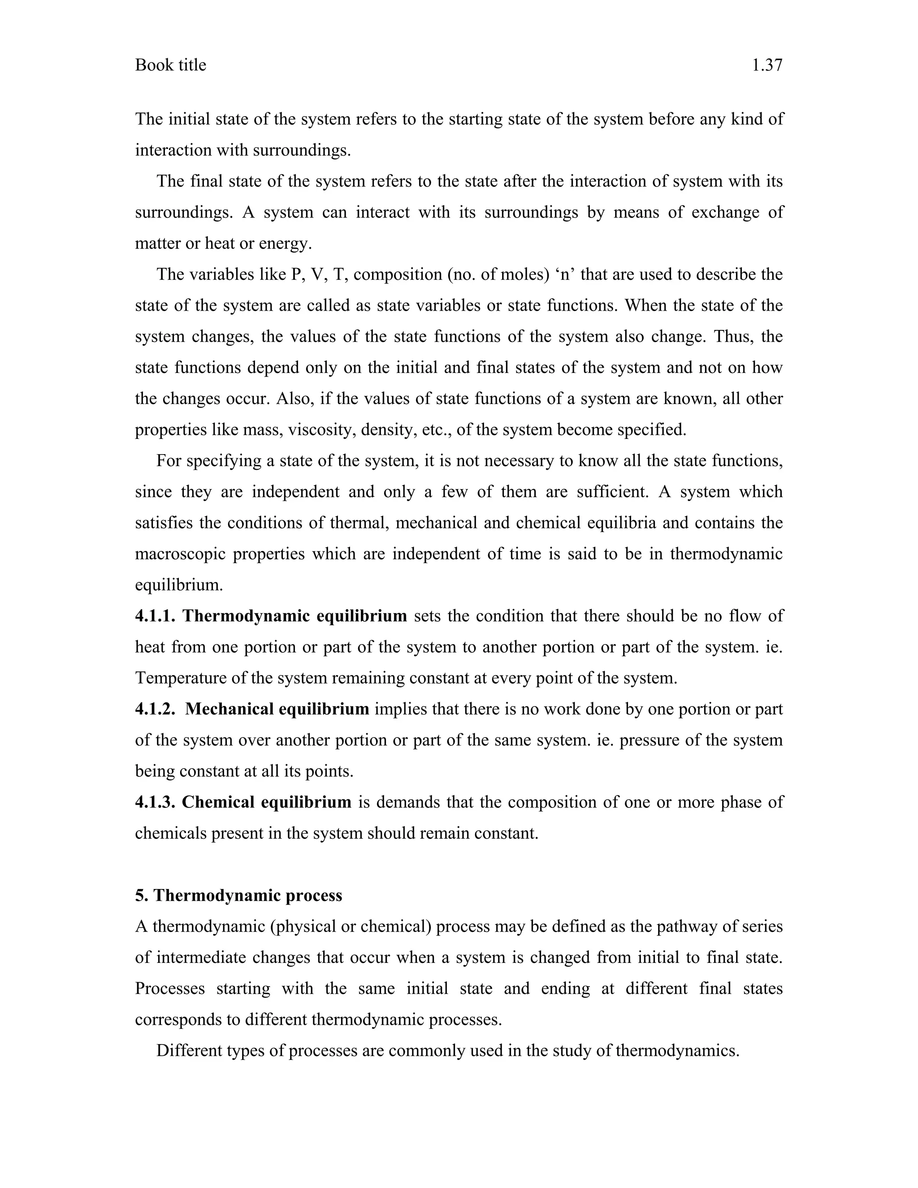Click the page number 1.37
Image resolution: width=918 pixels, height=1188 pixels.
767,65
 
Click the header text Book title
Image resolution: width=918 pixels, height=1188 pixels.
170,65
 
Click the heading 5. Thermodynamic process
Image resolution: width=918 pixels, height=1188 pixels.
238,895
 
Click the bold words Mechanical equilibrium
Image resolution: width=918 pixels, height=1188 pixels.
277,709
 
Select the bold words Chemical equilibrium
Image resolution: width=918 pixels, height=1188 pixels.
267,802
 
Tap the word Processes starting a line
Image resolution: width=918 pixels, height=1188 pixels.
170,989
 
